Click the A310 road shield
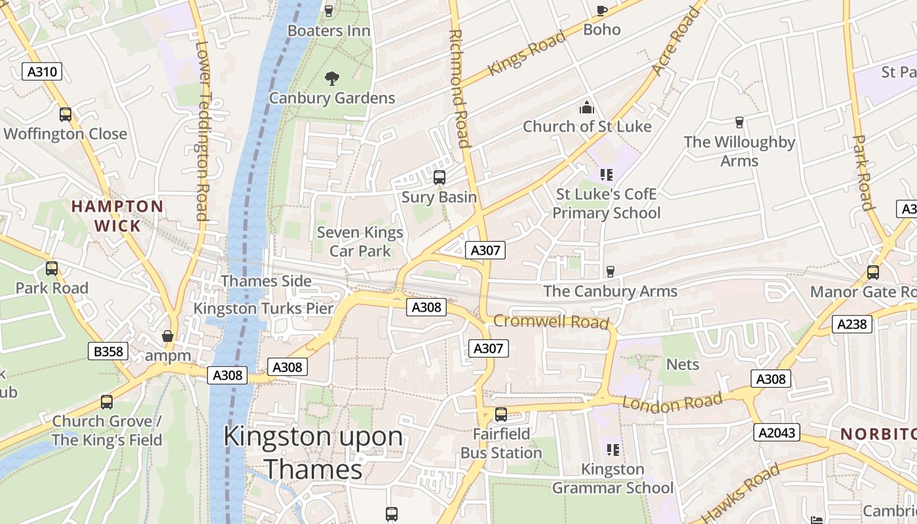pyautogui.click(x=43, y=71)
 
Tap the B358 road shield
pyautogui.click(x=108, y=352)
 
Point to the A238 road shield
pyautogui.click(x=852, y=324)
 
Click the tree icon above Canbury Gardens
pyautogui.click(x=332, y=79)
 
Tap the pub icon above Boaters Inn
pyautogui.click(x=329, y=10)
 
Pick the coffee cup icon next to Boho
pyautogui.click(x=602, y=10)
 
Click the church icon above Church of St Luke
pyautogui.click(x=587, y=107)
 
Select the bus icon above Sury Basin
pyautogui.click(x=440, y=178)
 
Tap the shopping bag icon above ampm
pyautogui.click(x=168, y=337)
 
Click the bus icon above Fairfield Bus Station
pyautogui.click(x=501, y=414)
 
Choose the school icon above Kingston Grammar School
pyautogui.click(x=613, y=450)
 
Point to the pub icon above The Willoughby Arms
pyautogui.click(x=739, y=122)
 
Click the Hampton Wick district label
pyautogui.click(x=117, y=216)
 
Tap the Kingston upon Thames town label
pyautogui.click(x=313, y=453)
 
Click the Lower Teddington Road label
pyautogui.click(x=202, y=131)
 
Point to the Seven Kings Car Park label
pyautogui.click(x=360, y=242)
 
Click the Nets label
pyautogui.click(x=683, y=364)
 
